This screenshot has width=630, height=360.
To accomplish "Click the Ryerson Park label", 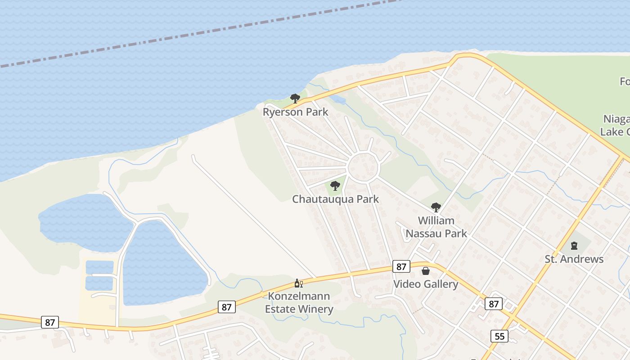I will pos(295,112).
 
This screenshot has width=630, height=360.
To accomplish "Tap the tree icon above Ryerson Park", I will pos(295,98).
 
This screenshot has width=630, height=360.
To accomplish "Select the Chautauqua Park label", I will pos(335,199).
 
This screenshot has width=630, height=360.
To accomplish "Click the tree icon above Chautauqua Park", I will pos(335,185).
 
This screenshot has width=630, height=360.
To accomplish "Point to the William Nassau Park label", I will pos(436,227).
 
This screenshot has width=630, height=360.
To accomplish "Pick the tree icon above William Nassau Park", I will pos(436,207).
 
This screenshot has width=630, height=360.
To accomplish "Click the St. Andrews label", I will pos(574,259).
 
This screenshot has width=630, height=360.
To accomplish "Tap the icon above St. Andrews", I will pos(574,246).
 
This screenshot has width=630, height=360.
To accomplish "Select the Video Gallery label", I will pos(425,284).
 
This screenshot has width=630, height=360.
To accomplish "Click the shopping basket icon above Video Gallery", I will pos(425,271).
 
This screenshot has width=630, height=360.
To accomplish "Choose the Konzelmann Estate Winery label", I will pos(299,302).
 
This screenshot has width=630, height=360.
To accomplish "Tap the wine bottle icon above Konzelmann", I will pos(297,283).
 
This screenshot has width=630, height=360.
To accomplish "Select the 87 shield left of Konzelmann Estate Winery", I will pos(226,307).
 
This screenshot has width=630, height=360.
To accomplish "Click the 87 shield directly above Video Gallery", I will pos(401,266).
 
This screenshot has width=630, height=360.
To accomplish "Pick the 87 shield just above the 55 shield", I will pos(494,304).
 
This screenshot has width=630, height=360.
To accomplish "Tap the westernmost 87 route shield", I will pos(49,322).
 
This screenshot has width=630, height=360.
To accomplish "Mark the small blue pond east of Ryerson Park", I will pos(338,99).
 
